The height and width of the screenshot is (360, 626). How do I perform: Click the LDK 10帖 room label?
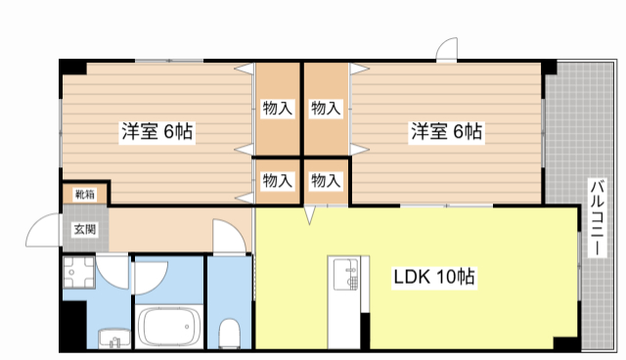pyautogui.click(x=434, y=277)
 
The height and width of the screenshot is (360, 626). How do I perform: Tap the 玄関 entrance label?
pyautogui.click(x=85, y=230)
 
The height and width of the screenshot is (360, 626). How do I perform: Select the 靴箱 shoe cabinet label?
pyautogui.click(x=85, y=195)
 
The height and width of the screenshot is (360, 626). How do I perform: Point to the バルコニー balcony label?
pyautogui.click(x=597, y=217)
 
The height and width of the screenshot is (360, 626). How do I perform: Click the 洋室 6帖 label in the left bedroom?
pyautogui.click(x=156, y=131)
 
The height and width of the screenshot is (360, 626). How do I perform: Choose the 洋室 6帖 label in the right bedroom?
pyautogui.click(x=447, y=131)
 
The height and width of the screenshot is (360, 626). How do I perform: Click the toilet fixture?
pyautogui.click(x=229, y=332)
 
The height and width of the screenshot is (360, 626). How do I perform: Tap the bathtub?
pyautogui.click(x=168, y=327)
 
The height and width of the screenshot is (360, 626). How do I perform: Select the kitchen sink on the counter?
pyautogui.click(x=345, y=274)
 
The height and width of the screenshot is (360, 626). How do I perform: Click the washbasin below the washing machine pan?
pyautogui.click(x=114, y=338)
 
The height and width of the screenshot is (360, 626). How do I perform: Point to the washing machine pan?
pyautogui.click(x=78, y=272)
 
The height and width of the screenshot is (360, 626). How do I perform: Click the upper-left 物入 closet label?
pyautogui.click(x=278, y=109)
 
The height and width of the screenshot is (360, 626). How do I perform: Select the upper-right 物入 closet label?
pyautogui.click(x=326, y=109)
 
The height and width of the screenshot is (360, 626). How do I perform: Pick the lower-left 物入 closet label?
pyautogui.click(x=278, y=181)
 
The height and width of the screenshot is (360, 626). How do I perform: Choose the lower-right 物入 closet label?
pyautogui.click(x=326, y=181)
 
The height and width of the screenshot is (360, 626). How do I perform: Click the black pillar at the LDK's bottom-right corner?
pyautogui.click(x=565, y=343)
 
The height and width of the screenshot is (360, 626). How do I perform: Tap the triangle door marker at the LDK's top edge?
pyautogui.click(x=309, y=214)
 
